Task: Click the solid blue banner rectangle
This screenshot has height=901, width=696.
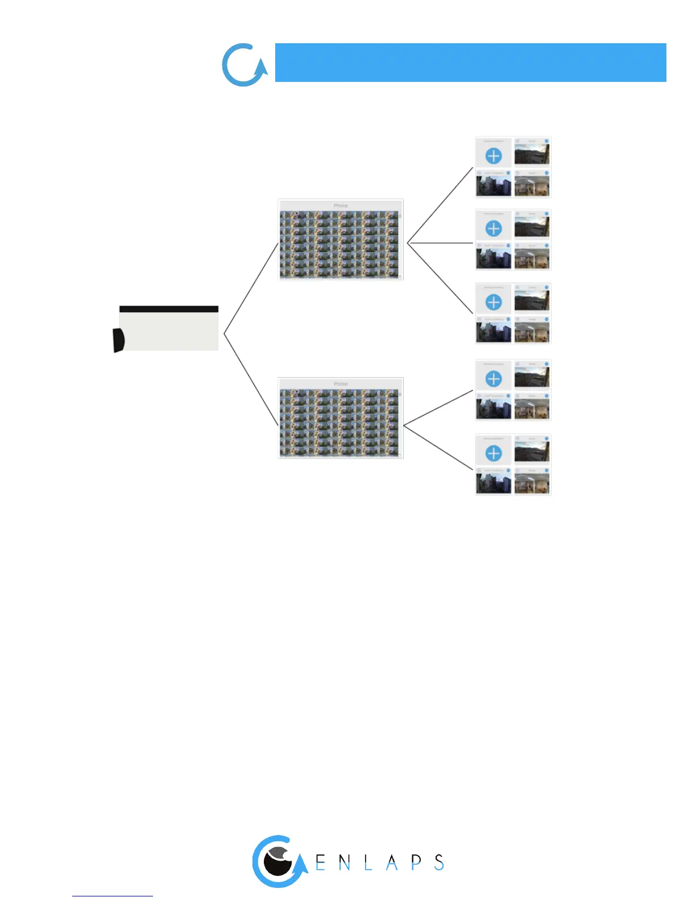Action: [470, 63]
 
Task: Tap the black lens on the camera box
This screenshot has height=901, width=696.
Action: [118, 340]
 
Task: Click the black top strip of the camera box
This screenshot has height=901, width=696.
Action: [169, 309]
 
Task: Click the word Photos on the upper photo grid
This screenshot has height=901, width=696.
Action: [341, 205]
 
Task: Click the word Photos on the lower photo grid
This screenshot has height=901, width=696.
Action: [341, 384]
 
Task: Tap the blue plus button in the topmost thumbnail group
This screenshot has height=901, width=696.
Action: [494, 155]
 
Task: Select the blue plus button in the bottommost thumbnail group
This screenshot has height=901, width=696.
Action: [494, 453]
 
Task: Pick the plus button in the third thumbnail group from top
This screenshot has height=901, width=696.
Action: [494, 302]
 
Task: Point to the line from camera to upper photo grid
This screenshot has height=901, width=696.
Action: [251, 288]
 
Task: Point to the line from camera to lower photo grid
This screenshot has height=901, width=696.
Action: [251, 379]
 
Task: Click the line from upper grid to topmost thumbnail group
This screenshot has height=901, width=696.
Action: [440, 205]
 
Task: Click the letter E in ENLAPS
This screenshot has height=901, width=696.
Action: [321, 863]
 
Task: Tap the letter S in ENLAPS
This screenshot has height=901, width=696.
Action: [439, 862]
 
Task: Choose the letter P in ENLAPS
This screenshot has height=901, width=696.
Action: [416, 862]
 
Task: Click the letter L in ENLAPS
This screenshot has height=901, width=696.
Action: [368, 863]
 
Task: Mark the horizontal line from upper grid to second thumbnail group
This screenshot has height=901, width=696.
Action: [441, 243]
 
